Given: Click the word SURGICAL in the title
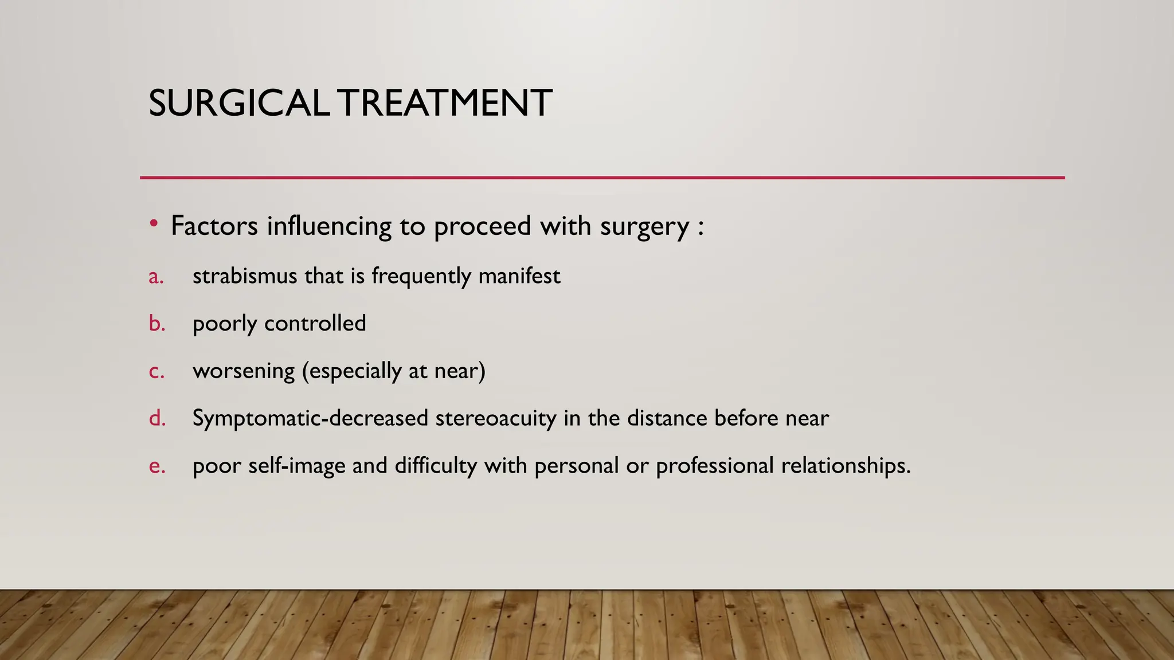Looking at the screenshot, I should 238,104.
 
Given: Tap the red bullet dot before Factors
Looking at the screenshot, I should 153,223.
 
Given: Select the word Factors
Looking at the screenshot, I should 214,226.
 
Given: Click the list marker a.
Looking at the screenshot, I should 156,277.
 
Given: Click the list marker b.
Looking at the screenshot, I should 156,324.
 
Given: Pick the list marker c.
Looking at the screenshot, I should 156,371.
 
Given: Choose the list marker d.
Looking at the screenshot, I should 156,418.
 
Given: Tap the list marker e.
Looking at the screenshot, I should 156,466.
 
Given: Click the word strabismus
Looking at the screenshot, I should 245,276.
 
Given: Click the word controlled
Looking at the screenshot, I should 315,324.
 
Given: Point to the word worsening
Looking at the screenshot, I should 244,371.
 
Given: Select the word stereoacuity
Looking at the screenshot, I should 496,418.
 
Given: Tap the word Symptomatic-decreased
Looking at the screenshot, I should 310,418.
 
